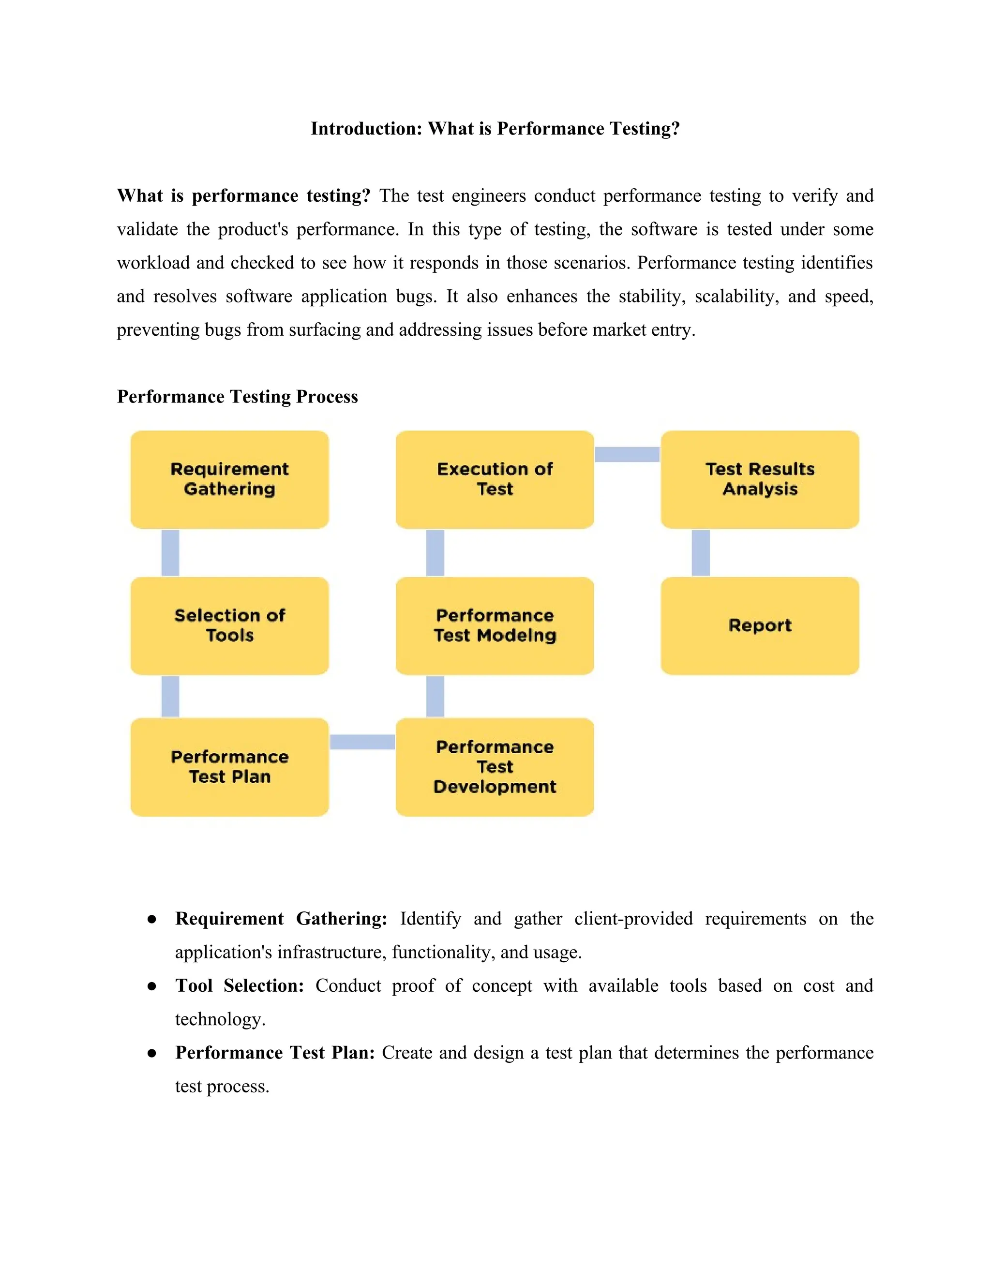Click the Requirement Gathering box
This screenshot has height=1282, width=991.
click(229, 479)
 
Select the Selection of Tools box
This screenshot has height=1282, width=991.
click(229, 626)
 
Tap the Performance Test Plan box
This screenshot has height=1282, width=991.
click(229, 767)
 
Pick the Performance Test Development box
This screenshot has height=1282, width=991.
click(495, 767)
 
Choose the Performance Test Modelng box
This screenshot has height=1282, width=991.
click(495, 626)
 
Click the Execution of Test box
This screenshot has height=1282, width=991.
click(495, 479)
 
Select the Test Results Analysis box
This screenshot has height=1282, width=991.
click(760, 479)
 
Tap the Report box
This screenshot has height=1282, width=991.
click(760, 626)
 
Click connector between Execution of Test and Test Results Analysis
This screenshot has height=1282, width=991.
click(627, 454)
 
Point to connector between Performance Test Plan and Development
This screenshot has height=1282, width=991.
click(362, 742)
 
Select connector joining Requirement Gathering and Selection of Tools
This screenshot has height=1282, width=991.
click(170, 552)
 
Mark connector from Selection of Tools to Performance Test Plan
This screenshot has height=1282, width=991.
click(170, 696)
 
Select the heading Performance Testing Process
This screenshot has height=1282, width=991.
click(237, 397)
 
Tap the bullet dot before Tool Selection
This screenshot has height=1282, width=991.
click(152, 986)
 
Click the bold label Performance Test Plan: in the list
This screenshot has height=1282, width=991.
click(275, 1053)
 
